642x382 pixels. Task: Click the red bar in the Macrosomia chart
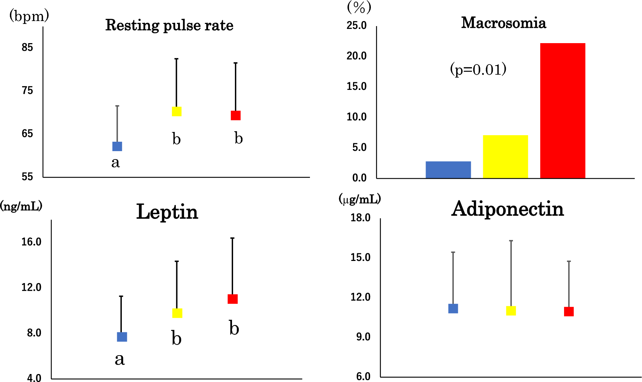coord(563,111)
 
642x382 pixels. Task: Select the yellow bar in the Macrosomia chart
coord(505,157)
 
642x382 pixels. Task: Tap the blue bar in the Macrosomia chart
coord(448,170)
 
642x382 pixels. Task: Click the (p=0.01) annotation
coord(478,69)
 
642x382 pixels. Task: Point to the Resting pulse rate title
coord(169,25)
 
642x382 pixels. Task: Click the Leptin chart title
coord(167,212)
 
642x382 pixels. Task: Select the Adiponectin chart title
coord(507,209)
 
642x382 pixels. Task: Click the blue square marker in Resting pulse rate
coord(117,146)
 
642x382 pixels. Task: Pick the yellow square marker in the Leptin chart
coord(177,313)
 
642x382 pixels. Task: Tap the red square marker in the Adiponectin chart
coord(569,312)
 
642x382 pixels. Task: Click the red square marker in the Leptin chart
coord(232,299)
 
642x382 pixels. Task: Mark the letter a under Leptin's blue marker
coord(120,360)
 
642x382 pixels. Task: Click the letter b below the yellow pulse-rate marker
coord(176,139)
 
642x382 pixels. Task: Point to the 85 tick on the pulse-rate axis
coord(27,47)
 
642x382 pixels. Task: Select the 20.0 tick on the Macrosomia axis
coord(356,56)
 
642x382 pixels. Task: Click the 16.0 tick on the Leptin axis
coord(31,242)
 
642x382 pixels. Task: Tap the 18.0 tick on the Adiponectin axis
coord(360,218)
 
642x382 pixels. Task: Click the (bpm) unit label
coord(29,16)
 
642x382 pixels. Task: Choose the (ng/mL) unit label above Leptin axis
coord(21,206)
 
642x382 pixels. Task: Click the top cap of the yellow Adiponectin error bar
coord(511,241)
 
